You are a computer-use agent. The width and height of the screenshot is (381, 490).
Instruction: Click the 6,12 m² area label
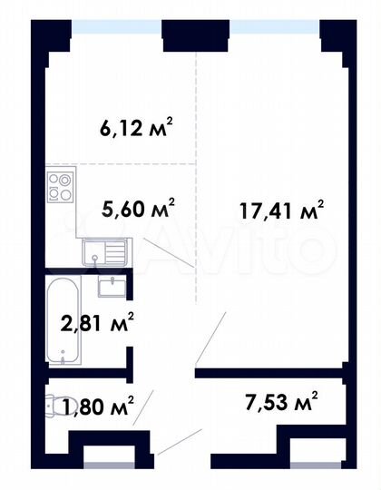click(x=136, y=128)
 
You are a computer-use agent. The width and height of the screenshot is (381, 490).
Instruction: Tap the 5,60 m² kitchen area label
click(x=137, y=210)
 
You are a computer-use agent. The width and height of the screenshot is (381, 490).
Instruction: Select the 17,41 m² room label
click(x=281, y=212)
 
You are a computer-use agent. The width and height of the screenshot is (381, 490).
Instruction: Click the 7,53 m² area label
click(x=282, y=400)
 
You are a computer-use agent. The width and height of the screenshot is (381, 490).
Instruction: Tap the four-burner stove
click(x=60, y=188)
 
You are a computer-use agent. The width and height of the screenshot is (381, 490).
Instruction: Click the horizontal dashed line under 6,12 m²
click(x=118, y=164)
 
